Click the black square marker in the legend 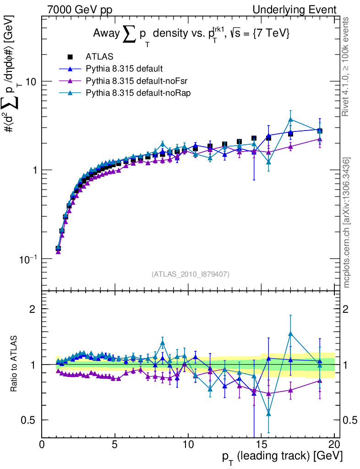(x=70, y=57)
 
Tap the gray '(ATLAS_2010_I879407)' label (x=191, y=274)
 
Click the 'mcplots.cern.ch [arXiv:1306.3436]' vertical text (x=347, y=223)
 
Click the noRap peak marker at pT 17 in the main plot (x=290, y=120)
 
